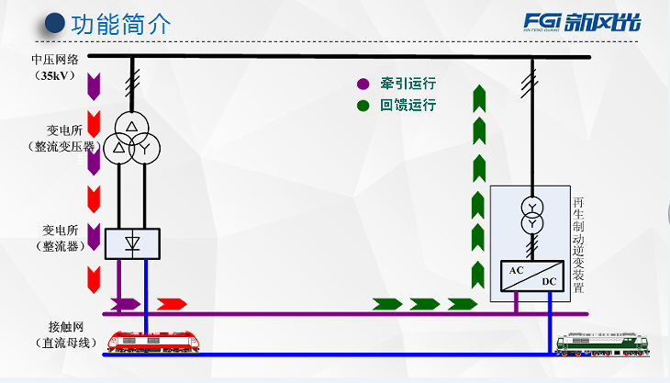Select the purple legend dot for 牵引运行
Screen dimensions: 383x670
pyautogui.click(x=363, y=84)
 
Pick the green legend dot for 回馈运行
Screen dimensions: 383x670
pyautogui.click(x=363, y=105)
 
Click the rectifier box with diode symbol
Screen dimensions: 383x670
pyautogui.click(x=132, y=243)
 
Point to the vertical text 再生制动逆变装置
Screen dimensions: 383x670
pyautogui.click(x=578, y=243)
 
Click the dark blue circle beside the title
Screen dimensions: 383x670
pyautogui.click(x=55, y=23)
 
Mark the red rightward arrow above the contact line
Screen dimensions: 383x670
pyautogui.click(x=172, y=304)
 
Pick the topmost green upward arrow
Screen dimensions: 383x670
pyautogui.click(x=478, y=96)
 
